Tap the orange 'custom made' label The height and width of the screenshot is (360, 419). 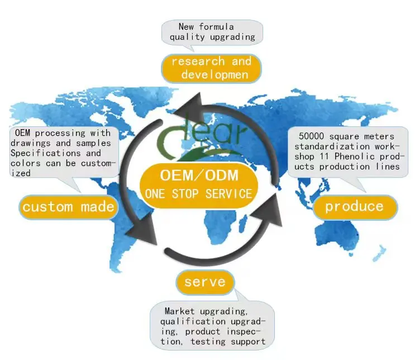pyautogui.click(x=69, y=207)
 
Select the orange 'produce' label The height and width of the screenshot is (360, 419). pyautogui.click(x=354, y=206)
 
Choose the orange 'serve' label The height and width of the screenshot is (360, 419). pyautogui.click(x=206, y=282)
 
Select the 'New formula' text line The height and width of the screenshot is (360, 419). pyautogui.click(x=206, y=27)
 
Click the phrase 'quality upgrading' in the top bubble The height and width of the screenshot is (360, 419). pyautogui.click(x=213, y=37)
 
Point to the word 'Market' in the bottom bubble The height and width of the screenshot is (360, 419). pyautogui.click(x=179, y=311)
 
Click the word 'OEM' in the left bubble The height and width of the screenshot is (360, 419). pyautogui.click(x=22, y=133)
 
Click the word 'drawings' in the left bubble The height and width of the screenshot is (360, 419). pyautogui.click(x=30, y=143)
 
